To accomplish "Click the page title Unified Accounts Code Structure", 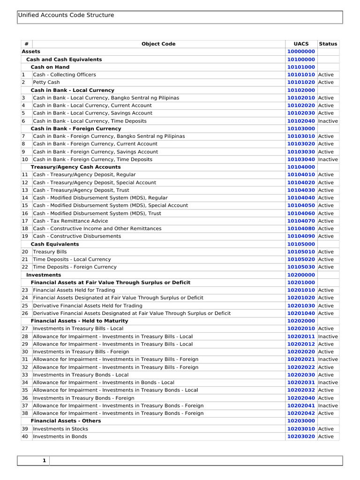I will tap(66, 15).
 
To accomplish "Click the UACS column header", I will tap(301, 44).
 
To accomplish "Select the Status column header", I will tap(328, 44).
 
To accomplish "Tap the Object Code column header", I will tap(158, 44).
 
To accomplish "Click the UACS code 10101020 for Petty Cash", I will tap(301, 82).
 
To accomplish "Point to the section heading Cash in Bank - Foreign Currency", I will tap(76, 128).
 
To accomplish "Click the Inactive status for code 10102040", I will tap(328, 121).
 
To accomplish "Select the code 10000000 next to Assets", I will tap(301, 52).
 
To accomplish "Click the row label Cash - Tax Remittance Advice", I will tap(70, 221).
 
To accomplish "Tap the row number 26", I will tap(25, 313).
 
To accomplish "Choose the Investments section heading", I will tap(44, 275).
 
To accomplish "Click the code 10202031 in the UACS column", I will tap(301, 382).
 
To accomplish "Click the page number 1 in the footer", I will tap(44, 461).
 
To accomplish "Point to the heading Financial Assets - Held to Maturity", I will tap(79, 321).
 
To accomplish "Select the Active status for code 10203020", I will tap(326, 436).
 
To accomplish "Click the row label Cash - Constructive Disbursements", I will tap(77, 236).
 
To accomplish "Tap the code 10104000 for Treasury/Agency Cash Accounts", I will tap(301, 167).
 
